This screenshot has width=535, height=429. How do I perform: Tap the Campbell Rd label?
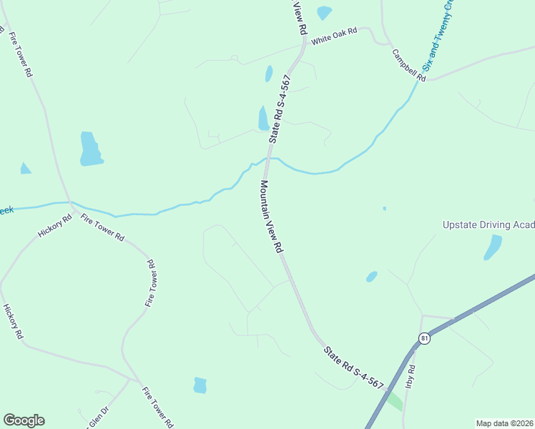tap(408, 64)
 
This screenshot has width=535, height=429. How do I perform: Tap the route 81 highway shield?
tap(425, 338)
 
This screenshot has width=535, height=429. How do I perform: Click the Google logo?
tap(24, 420)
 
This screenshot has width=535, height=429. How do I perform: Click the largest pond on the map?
tap(91, 149)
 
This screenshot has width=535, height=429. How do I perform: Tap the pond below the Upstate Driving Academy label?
tap(493, 247)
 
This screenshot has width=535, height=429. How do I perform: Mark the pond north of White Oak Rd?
tap(324, 12)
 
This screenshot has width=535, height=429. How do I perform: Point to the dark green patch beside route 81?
tap(393, 400)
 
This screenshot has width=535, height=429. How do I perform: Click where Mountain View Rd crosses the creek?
tap(266, 161)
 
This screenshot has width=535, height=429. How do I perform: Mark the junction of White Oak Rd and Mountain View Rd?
tap(305, 43)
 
